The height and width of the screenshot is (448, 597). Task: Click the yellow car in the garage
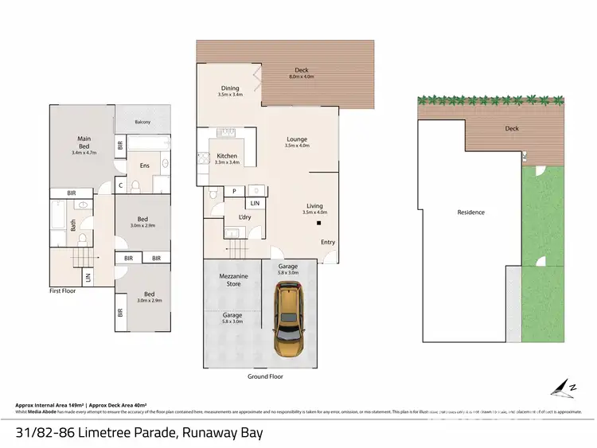tap(287, 322)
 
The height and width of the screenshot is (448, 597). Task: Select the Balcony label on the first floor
tap(143, 122)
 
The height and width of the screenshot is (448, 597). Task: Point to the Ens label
tap(144, 166)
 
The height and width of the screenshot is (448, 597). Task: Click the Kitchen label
tap(228, 156)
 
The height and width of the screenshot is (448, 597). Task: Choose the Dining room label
tap(229, 89)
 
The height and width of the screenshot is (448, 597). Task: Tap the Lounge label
tap(297, 139)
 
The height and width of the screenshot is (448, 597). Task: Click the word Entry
tap(328, 242)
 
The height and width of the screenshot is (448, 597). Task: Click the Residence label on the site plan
tap(470, 212)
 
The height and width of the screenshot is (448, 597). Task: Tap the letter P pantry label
tap(234, 191)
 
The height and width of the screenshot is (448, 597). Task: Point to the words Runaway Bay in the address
tap(221, 433)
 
